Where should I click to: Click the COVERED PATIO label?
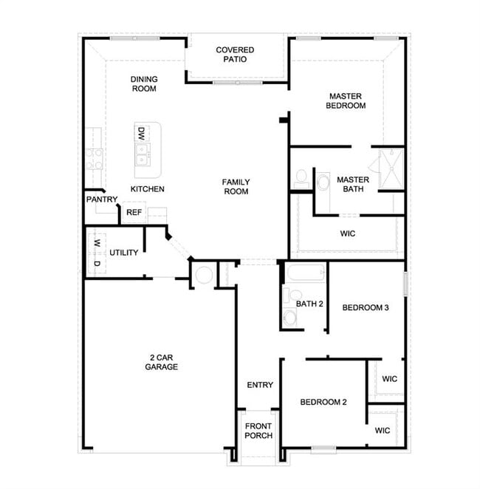(235, 55)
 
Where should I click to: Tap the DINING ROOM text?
(144, 83)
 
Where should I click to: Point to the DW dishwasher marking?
(140, 133)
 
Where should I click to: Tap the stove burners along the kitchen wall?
(94, 158)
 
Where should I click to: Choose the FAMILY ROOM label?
(236, 186)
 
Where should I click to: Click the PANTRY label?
(102, 199)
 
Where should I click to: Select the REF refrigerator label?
(134, 212)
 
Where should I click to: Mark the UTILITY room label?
(124, 253)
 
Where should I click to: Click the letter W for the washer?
(96, 243)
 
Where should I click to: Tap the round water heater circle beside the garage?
(204, 276)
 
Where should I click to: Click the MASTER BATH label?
(353, 185)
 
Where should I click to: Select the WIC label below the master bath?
(348, 233)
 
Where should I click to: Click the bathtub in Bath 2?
(306, 274)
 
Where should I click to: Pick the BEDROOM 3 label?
(365, 308)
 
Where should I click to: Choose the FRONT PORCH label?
(258, 431)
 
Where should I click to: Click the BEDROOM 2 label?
(323, 403)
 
